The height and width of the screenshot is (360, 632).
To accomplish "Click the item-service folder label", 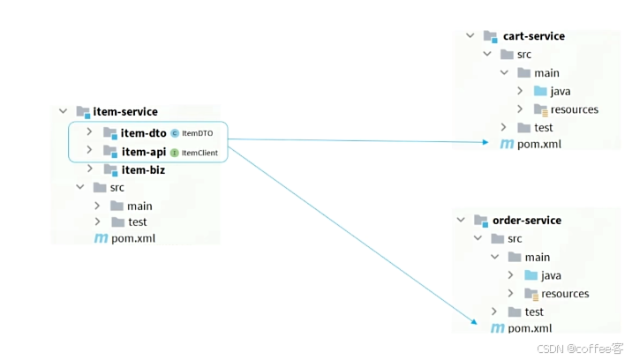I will (x=125, y=112).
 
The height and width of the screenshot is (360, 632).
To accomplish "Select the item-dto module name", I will (x=144, y=133).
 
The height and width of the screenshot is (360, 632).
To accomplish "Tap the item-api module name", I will (x=143, y=152).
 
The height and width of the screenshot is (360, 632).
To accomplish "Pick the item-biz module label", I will (x=143, y=170).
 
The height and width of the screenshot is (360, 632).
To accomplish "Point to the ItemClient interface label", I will (x=200, y=153).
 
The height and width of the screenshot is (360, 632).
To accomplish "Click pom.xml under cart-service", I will (x=539, y=144).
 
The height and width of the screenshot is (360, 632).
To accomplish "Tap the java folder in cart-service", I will (x=561, y=91).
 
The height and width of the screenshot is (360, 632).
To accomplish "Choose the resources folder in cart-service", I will (x=574, y=109).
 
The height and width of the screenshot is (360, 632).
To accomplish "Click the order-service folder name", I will (x=527, y=221).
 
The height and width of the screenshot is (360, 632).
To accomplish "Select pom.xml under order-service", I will (x=530, y=328).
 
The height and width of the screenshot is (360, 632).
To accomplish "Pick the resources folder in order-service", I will (x=565, y=294).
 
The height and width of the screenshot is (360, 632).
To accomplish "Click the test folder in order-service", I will (x=534, y=311).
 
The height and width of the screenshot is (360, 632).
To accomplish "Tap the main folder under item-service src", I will (x=139, y=206).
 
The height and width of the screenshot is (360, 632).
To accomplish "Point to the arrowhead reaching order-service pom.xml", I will (x=474, y=324).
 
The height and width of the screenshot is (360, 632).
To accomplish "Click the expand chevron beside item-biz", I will (x=90, y=169).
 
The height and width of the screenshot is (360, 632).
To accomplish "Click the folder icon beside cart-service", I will (x=490, y=37).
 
